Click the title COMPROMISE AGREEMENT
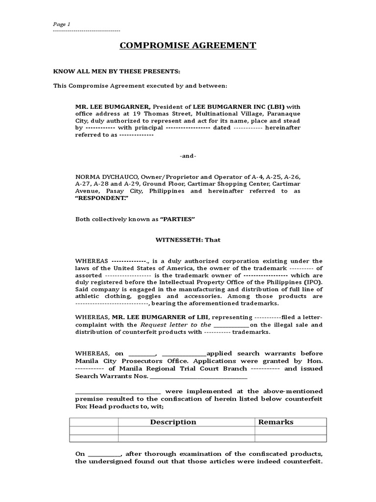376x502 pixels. [188, 46]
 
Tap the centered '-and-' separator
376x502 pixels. [188, 156]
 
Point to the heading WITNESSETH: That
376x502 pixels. [188, 240]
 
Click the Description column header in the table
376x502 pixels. [173, 422]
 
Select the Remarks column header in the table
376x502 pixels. [276, 422]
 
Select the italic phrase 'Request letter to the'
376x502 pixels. [176, 325]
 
